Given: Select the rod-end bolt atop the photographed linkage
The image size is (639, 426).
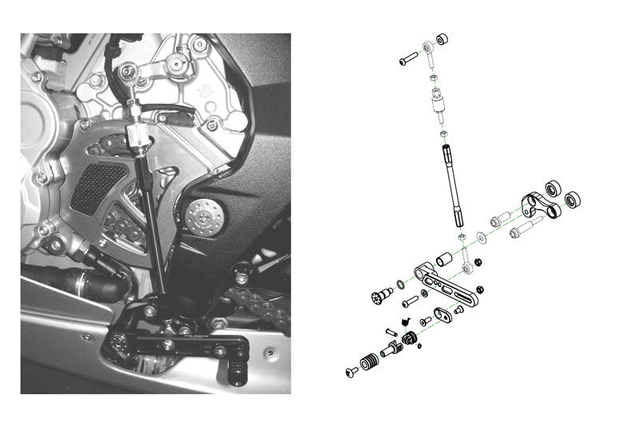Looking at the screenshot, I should point(128,74).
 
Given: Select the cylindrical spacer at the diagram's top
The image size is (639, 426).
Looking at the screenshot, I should point(442,38).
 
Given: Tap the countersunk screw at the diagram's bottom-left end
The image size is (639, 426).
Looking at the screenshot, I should point(351,372).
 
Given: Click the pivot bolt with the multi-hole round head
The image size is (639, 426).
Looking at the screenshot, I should point(379,298).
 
